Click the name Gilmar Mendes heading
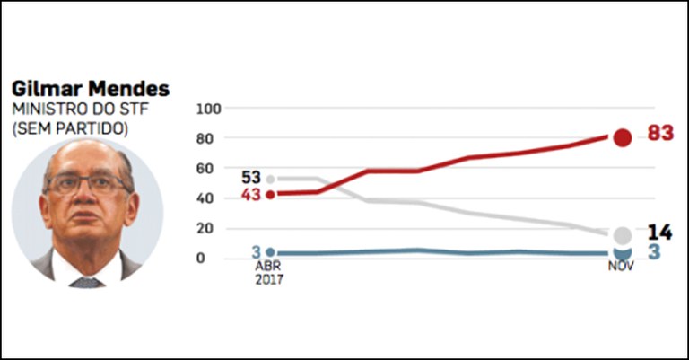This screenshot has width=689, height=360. [90, 91]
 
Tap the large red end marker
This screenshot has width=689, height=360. [622, 137]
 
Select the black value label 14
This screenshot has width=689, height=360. [659, 233]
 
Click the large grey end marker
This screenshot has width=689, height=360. [622, 235]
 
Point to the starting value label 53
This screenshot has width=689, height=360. [251, 177]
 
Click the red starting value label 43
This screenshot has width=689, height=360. [251, 194]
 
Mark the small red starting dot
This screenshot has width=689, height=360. [270, 194]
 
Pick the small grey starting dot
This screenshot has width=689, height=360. [270, 179]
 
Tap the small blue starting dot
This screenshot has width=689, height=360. [270, 253]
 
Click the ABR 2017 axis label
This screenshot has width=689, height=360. [269, 273]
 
